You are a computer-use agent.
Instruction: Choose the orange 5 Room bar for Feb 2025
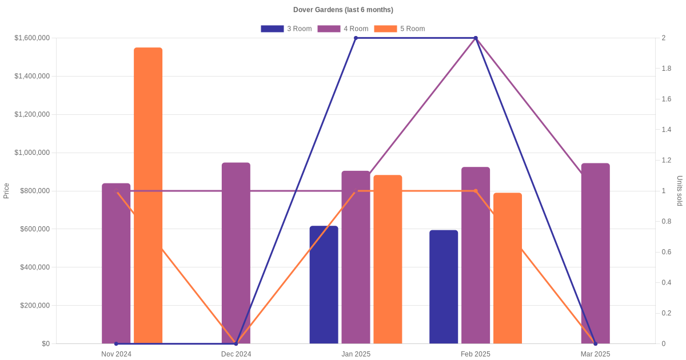pos(508,268)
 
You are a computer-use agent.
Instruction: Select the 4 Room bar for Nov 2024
pos(116,263)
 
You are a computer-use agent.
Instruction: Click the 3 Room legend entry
pos(286,29)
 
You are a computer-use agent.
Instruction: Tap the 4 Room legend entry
pos(342,29)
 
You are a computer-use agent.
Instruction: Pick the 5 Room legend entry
pos(399,29)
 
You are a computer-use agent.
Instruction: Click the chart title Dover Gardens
pos(343,10)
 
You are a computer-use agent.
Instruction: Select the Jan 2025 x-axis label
pos(356,354)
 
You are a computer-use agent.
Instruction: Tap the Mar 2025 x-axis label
pos(596,354)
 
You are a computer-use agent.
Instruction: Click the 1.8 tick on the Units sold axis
pos(667,69)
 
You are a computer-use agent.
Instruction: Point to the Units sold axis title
pos(679,191)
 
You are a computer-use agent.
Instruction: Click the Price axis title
pos(6,191)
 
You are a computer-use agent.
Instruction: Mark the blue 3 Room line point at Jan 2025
pos(356,38)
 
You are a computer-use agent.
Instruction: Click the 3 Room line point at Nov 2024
pos(116,343)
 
